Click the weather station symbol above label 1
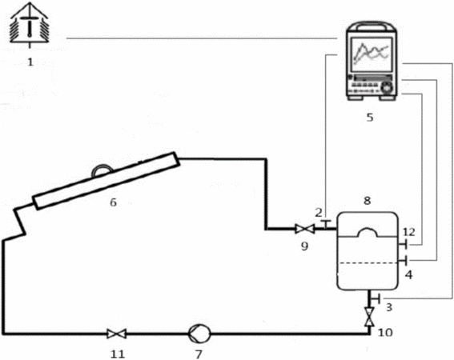[x=30, y=26]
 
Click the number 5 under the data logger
[x=370, y=118]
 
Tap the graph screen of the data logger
[x=372, y=54]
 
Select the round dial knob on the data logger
[x=387, y=87]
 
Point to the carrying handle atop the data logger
[x=372, y=26]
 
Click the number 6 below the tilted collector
[x=113, y=202]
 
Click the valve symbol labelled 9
[x=304, y=229]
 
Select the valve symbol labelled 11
[x=116, y=334]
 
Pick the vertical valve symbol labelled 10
[x=369, y=317]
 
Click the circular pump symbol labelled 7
[x=199, y=334]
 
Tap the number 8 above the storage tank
[x=368, y=200]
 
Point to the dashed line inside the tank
[x=368, y=263]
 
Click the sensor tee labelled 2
[x=327, y=225]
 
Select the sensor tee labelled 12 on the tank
[x=404, y=245]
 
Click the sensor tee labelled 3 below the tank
[x=376, y=298]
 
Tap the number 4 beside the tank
[x=408, y=274]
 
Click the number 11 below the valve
[x=117, y=354]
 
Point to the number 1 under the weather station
[x=30, y=62]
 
